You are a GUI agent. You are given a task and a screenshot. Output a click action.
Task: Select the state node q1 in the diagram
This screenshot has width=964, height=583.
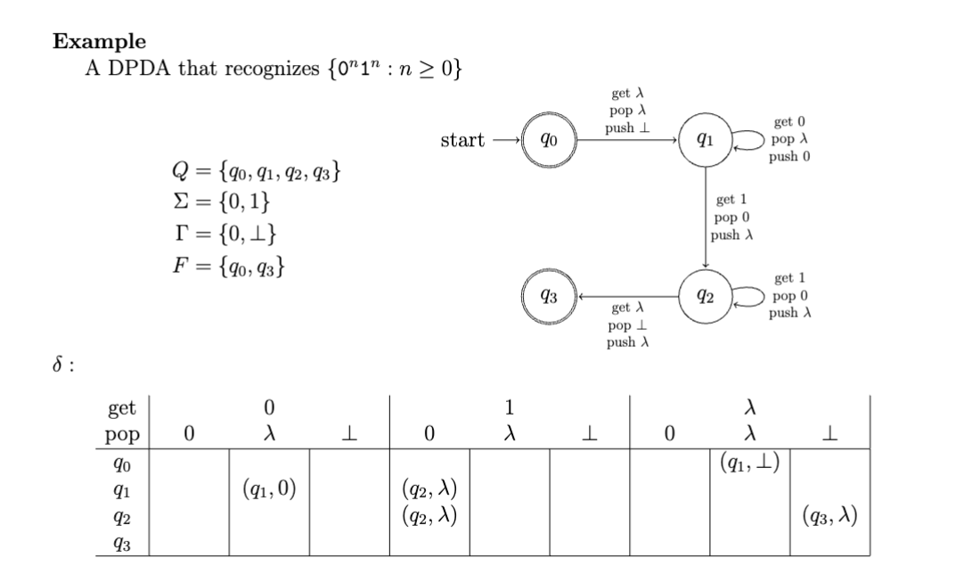point(706,140)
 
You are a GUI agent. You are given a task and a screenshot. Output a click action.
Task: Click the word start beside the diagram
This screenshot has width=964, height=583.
point(463,140)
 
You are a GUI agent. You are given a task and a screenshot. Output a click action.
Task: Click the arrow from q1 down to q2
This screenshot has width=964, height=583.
point(706,218)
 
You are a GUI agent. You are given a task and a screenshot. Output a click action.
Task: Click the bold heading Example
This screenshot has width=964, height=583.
point(100,41)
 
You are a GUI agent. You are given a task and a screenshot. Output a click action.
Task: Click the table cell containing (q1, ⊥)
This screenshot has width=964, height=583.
point(750,464)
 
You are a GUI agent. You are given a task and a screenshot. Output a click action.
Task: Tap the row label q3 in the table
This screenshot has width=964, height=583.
point(121,542)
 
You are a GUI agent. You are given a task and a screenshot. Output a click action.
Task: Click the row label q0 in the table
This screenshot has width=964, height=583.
point(121,464)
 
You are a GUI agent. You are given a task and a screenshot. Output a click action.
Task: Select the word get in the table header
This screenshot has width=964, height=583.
point(121,408)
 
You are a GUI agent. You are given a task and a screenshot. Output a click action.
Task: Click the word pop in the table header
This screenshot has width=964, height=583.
point(121,434)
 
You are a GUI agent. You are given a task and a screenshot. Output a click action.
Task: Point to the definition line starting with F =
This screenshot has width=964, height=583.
point(229,267)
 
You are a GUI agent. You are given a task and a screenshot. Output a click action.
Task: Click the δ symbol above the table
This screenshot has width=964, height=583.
point(59,366)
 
